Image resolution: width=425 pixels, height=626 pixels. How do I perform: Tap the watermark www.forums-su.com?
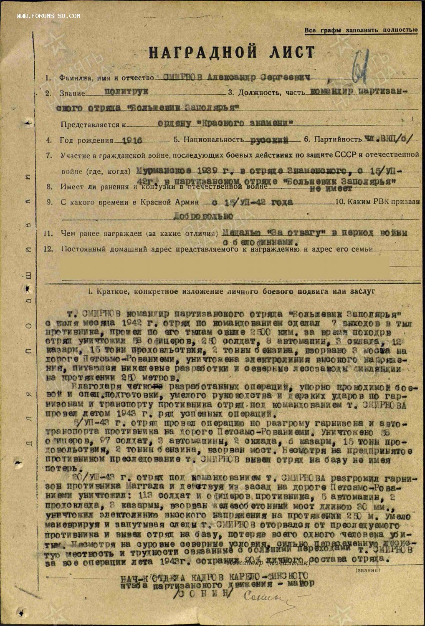click(48, 16)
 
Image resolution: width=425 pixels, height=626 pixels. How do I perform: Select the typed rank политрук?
click(121, 91)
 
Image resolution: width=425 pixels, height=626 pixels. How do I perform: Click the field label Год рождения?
click(86, 141)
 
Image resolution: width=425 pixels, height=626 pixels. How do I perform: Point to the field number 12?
click(49, 249)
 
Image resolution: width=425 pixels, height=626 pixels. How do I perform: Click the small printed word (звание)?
click(367, 570)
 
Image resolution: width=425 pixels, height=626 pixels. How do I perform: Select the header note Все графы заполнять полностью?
click(361, 30)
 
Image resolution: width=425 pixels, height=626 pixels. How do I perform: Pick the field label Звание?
click(72, 93)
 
